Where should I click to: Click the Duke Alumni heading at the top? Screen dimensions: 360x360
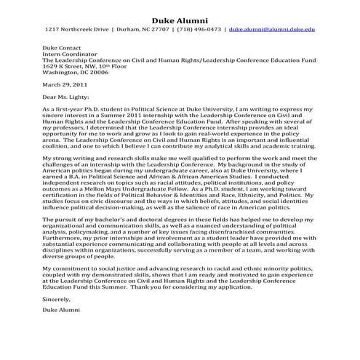[180, 18]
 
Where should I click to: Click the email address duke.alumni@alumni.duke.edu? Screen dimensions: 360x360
[272, 31]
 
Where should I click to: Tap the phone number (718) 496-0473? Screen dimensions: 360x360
[199, 31]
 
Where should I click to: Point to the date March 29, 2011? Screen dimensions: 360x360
[65, 84]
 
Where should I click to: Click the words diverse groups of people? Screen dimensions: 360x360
[77, 255]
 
